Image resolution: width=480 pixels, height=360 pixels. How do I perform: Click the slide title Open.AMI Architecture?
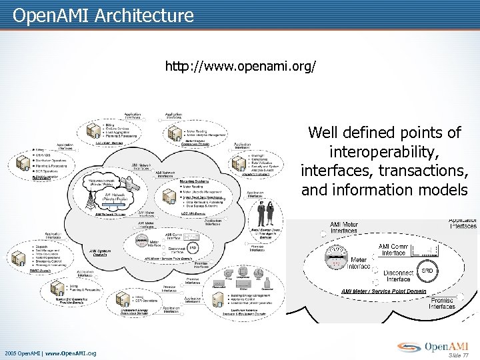(103, 15)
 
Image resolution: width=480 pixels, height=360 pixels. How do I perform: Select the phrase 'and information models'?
(384, 190)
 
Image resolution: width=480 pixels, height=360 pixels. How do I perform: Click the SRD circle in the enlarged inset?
(427, 271)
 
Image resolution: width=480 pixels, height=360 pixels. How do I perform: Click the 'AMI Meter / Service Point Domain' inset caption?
(384, 291)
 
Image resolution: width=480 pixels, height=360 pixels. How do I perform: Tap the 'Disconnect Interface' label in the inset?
(398, 275)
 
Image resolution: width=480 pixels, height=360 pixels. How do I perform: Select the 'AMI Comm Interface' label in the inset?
(393, 249)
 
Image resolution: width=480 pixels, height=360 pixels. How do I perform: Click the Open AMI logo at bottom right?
(434, 346)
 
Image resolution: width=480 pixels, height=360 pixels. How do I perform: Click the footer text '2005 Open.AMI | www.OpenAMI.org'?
(51, 353)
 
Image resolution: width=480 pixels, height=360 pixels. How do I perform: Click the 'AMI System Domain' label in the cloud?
(99, 253)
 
